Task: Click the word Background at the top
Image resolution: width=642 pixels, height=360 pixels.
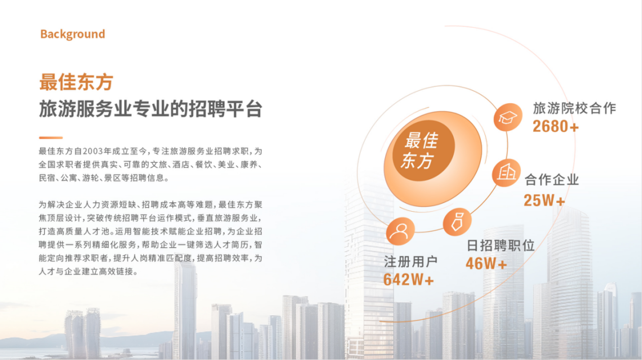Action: pos(73,34)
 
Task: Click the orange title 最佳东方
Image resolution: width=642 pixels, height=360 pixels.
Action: pos(76,82)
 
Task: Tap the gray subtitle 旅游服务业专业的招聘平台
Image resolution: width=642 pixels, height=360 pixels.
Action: pos(151,109)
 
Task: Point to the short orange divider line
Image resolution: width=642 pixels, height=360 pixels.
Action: pos(51,138)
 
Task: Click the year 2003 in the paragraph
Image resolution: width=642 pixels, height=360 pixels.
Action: pos(93,151)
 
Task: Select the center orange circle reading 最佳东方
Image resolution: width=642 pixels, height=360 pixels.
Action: pos(423,151)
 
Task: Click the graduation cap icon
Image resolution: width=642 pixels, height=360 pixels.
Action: pos(508,117)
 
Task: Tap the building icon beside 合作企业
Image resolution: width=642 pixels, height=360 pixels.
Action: pos(506,173)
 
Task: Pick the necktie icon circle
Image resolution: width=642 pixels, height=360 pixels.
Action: pos(457,222)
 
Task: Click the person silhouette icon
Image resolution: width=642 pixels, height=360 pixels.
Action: pos(400,231)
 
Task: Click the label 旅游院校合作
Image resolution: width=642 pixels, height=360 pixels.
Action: pos(575,108)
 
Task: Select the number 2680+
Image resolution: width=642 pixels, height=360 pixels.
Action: pos(556,127)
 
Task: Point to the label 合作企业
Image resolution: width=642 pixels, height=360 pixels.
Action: pos(552,180)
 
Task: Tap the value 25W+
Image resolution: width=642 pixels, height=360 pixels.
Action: pos(544,200)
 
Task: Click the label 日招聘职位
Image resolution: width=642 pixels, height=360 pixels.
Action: pos(501,246)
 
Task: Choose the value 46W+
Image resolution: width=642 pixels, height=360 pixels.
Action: pos(487,264)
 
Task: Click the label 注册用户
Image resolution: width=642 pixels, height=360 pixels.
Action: pos(411,262)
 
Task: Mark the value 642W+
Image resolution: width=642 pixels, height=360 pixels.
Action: pos(409,279)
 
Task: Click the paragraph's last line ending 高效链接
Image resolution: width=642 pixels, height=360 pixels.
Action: pos(89,271)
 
